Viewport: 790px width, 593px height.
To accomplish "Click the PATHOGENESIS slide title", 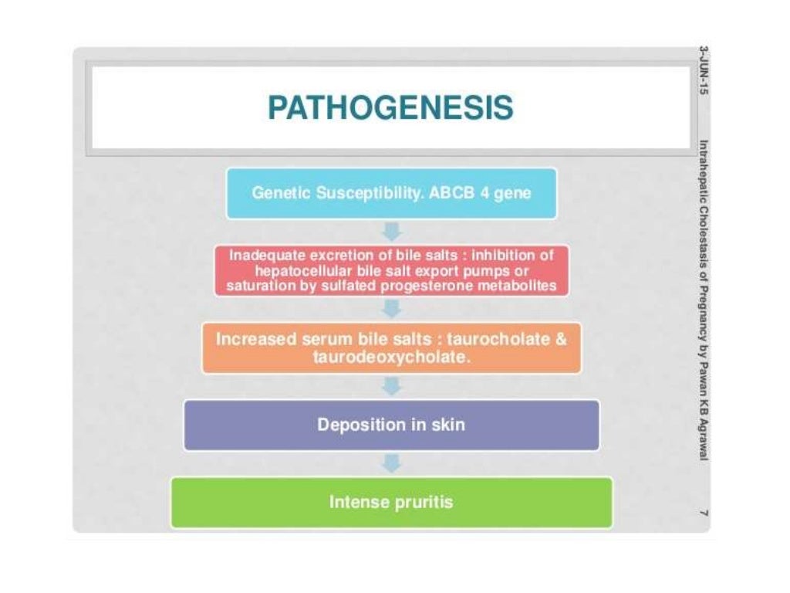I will click(x=390, y=108).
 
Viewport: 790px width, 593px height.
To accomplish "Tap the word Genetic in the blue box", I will click(x=281, y=193).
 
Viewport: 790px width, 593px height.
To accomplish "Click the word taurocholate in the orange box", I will click(x=506, y=339).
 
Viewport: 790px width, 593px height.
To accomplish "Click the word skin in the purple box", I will click(x=451, y=425).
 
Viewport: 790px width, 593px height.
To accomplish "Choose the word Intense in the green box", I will click(x=356, y=502).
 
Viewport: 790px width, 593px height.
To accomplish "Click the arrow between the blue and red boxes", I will click(x=393, y=231).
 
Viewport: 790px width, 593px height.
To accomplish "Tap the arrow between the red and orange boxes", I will click(x=393, y=308).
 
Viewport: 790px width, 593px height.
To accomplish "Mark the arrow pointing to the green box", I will click(x=393, y=463).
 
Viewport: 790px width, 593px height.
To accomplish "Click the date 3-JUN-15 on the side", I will click(x=703, y=70).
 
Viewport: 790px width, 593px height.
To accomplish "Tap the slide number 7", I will click(x=703, y=513).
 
